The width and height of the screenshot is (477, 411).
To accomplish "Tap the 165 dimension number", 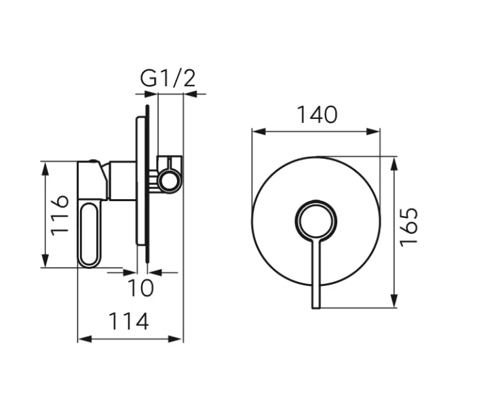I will pyautogui.click(x=409, y=227).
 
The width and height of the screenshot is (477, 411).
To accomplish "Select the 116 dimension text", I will pyautogui.click(x=62, y=214).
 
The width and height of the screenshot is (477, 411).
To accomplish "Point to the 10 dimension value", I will pyautogui.click(x=141, y=288).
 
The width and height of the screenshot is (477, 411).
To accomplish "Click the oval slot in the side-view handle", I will pyautogui.click(x=90, y=234).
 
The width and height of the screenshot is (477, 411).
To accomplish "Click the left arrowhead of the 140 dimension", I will pyautogui.click(x=256, y=132).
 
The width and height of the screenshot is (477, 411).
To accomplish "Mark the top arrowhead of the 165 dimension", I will pyautogui.click(x=394, y=162).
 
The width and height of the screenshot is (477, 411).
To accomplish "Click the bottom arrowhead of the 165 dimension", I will pyautogui.click(x=394, y=303).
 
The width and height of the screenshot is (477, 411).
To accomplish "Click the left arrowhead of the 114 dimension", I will pyautogui.click(x=83, y=338).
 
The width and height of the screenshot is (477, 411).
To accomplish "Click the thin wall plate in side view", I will pyautogui.click(x=141, y=183).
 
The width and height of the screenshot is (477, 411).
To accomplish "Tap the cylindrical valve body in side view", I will pyautogui.click(x=122, y=181).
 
